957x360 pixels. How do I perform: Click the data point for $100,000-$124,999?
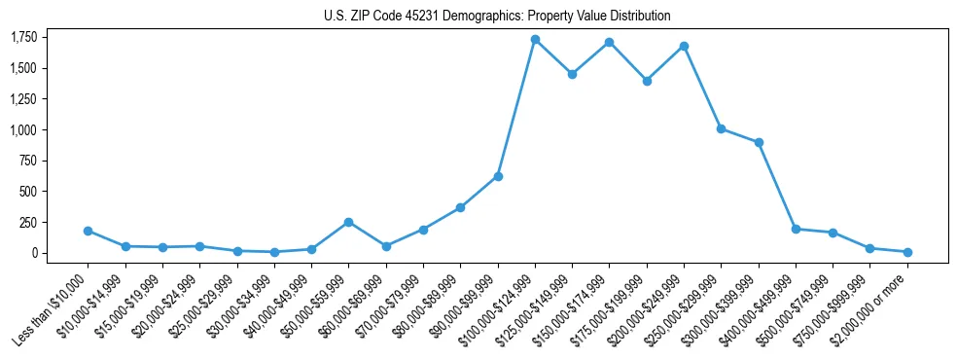click(535, 39)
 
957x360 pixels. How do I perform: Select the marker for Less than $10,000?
click(88, 231)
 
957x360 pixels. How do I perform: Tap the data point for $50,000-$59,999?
click(348, 222)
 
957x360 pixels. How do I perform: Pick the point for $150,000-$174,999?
click(609, 42)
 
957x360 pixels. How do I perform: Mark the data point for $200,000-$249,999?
click(684, 46)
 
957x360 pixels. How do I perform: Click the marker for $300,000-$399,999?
click(759, 142)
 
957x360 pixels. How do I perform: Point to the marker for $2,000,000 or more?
click(907, 252)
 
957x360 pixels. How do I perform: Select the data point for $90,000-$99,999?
click(498, 176)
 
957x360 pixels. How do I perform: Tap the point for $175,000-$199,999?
click(647, 81)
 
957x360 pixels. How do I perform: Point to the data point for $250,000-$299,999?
click(721, 128)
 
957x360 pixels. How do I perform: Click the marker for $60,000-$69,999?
click(386, 246)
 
